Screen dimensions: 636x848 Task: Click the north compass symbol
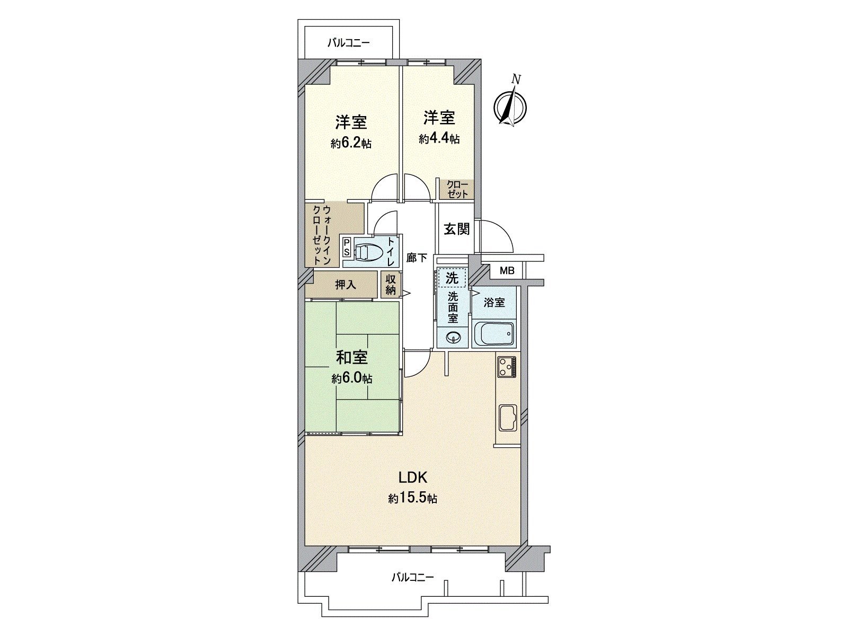coord(510,107)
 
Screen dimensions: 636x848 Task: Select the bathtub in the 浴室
coord(493,333)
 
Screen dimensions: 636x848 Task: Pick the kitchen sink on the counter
coord(508,417)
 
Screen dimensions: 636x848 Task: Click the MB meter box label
coord(507,271)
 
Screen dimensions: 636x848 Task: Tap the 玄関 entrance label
coord(456,229)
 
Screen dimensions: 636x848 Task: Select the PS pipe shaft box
coord(346,247)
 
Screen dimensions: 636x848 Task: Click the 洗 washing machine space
coord(452,277)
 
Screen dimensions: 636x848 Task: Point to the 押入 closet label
coord(346,285)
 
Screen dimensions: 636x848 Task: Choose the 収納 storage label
coord(391,285)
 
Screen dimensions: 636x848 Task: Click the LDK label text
coord(413,478)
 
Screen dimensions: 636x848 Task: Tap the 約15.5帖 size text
coord(412,499)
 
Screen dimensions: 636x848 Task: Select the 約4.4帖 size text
coord(439,139)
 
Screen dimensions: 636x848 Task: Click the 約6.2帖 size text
coord(351,143)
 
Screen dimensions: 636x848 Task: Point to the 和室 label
coord(352,358)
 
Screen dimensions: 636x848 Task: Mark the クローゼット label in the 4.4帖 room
coord(457,189)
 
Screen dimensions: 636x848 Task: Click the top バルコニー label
coord(348,43)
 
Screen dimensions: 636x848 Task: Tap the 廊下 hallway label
coord(417,258)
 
